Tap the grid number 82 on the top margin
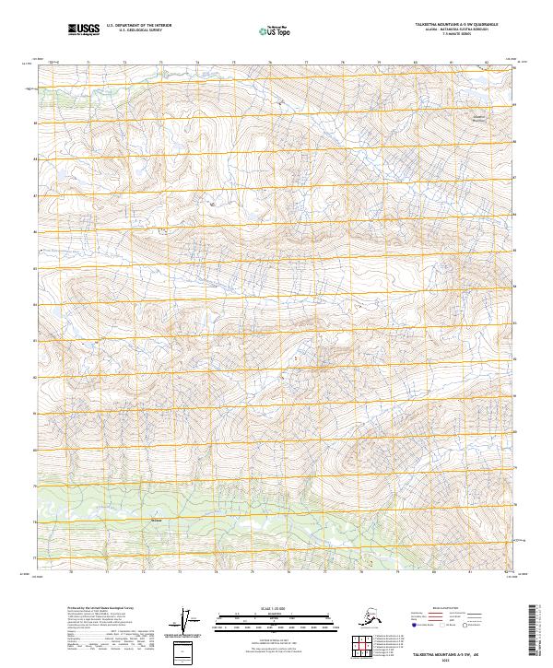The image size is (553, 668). click(x=486, y=63)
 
